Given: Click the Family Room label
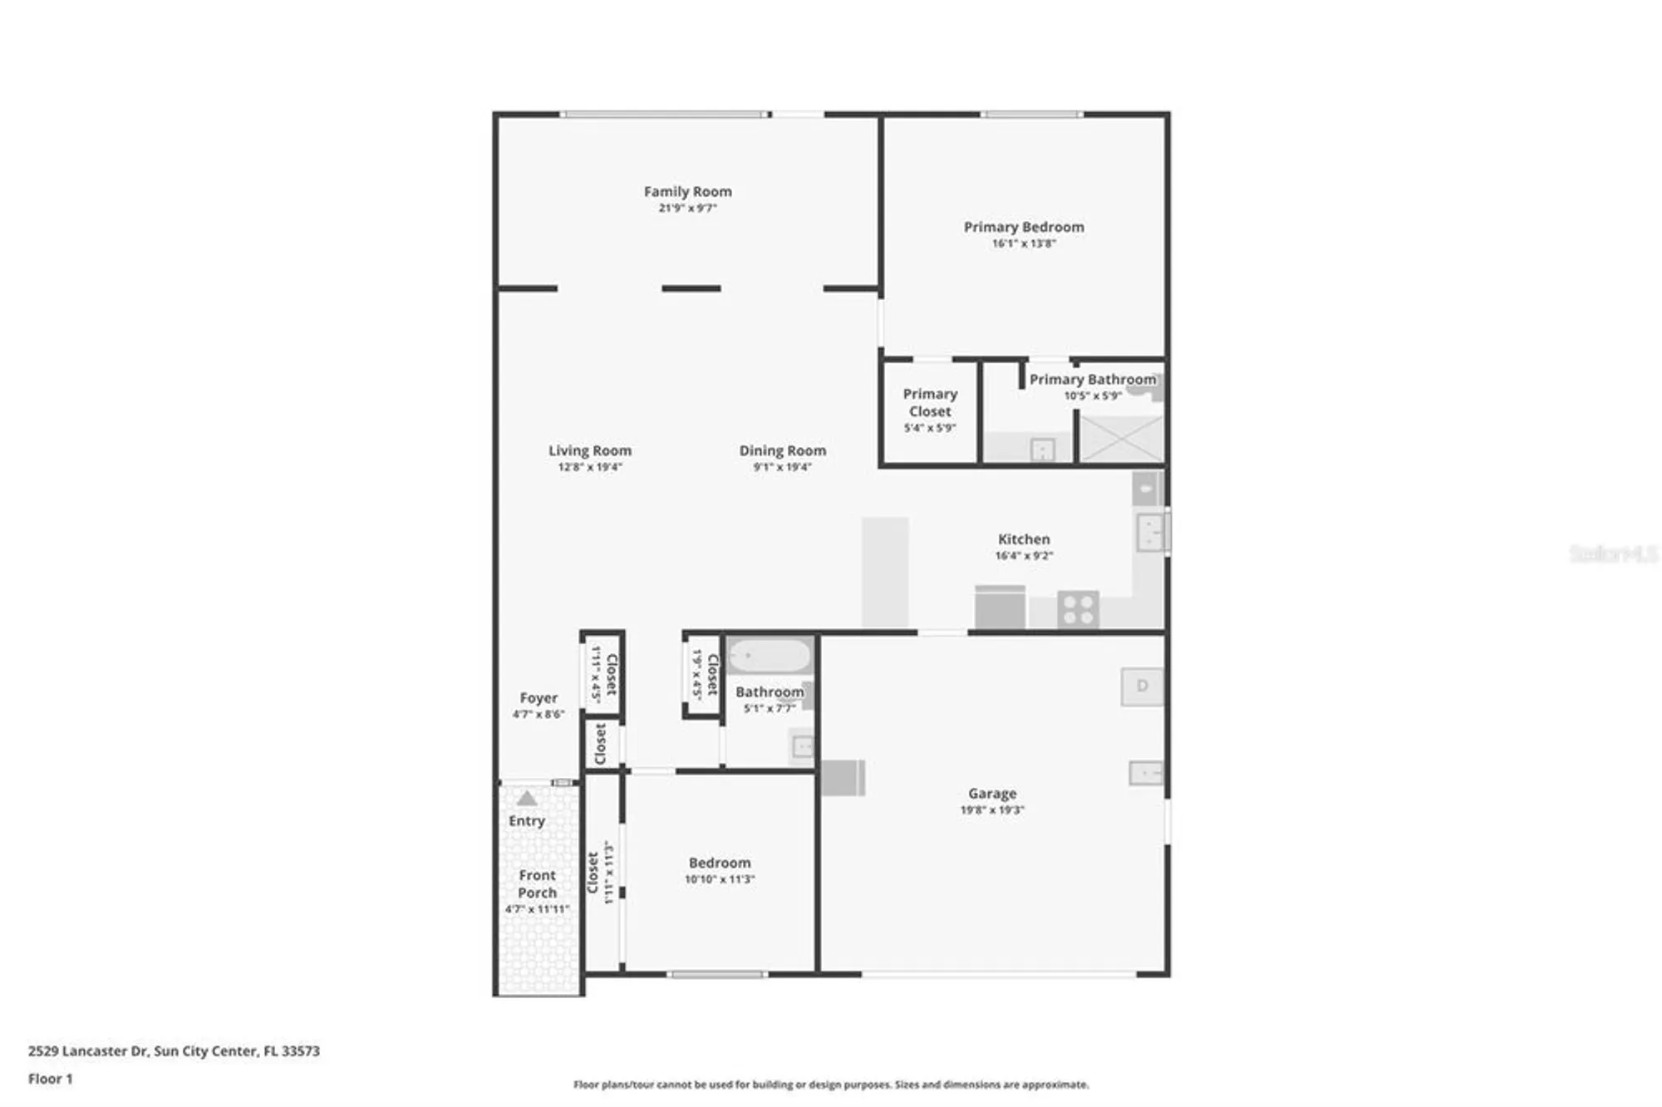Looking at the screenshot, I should point(687,192).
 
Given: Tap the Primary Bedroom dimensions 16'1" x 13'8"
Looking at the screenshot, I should point(1023,244).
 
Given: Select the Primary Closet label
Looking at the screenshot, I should point(929,402).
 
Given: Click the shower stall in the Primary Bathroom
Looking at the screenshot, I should point(1121,438).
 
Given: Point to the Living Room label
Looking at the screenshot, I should point(589,450).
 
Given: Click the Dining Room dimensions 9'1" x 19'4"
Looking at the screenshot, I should point(782,467).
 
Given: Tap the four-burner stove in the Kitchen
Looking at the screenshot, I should point(1078,609).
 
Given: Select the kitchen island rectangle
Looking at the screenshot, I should point(884,572).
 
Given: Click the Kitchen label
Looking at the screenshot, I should point(1023,539).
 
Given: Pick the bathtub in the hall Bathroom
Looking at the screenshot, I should point(770,656).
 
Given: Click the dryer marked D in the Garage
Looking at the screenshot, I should point(1142,686).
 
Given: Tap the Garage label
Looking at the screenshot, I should point(991,794).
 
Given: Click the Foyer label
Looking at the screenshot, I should point(538,698).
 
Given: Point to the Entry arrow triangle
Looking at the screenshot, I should point(527,799).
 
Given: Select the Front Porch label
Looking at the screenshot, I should point(537,884).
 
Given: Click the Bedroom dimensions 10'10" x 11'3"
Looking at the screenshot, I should point(719,879).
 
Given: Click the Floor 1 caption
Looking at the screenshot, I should point(50,1079).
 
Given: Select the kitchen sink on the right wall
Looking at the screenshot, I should point(1150,531).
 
